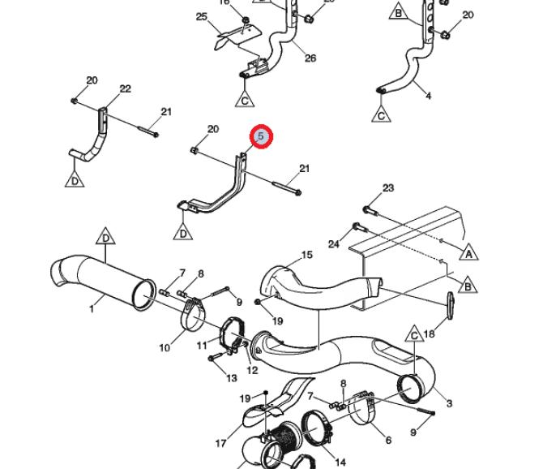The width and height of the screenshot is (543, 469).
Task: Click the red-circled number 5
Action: (x=261, y=137)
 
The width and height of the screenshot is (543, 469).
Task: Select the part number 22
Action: (x=125, y=88)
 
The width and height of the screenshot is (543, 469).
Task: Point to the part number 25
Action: (x=202, y=16)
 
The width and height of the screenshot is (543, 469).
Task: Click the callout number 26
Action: (x=310, y=58)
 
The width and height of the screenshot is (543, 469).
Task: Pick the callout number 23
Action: (x=388, y=188)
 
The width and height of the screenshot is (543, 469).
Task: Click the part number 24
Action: (x=334, y=243)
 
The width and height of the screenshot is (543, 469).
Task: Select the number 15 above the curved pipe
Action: (x=306, y=256)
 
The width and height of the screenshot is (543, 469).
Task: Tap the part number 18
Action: (x=430, y=333)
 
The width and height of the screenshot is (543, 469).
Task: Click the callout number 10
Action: (x=165, y=347)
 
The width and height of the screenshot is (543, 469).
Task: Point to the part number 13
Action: (x=231, y=377)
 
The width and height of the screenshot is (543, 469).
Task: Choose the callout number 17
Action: (x=220, y=443)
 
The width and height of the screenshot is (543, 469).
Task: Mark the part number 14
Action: (x=340, y=463)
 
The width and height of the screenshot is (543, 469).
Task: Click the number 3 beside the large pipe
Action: (x=449, y=403)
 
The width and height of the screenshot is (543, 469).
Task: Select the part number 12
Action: (x=252, y=370)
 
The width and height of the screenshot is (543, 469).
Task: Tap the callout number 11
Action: (x=203, y=346)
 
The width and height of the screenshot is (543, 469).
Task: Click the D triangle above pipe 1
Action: (x=105, y=238)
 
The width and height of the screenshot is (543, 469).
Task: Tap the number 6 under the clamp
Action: (x=388, y=440)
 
